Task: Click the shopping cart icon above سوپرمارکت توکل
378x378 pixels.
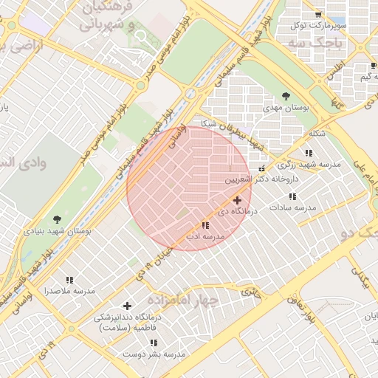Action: coord(318,14)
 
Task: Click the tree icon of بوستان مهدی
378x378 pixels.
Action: coord(285,96)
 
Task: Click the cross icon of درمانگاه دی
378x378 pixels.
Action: coord(236,200)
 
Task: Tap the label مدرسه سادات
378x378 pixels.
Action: coord(292,208)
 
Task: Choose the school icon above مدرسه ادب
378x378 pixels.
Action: coord(205,225)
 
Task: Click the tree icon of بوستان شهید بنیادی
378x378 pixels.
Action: coord(58,219)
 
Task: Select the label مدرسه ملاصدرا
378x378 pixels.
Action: coord(69,291)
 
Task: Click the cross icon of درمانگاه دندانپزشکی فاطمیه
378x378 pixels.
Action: coord(127,306)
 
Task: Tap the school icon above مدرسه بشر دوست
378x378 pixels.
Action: coord(154,343)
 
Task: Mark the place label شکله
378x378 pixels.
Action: coord(316,134)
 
